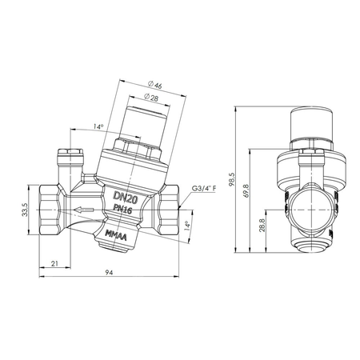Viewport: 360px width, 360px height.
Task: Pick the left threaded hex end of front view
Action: [47, 210]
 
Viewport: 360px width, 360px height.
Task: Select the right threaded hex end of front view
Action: [169, 210]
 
